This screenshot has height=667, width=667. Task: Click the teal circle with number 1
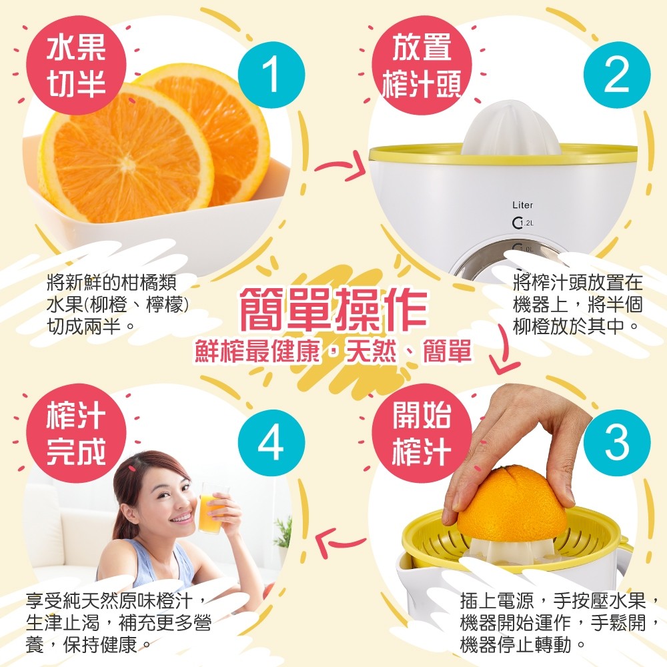click(x=271, y=75)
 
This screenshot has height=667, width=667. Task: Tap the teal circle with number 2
click(x=617, y=75)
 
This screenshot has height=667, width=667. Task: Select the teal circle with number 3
click(x=617, y=443)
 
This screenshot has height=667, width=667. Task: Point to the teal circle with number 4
click(x=271, y=443)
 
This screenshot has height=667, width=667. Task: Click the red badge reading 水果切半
click(x=77, y=65)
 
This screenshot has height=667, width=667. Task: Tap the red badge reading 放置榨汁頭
click(x=422, y=65)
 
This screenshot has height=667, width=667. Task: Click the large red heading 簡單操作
click(x=333, y=309)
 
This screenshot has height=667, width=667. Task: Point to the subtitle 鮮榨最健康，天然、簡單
click(x=333, y=351)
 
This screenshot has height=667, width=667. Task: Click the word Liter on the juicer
click(x=522, y=205)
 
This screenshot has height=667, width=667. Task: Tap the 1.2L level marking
click(x=523, y=223)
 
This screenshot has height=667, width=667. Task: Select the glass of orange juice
click(x=211, y=508)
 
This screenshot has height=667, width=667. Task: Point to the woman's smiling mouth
click(x=182, y=518)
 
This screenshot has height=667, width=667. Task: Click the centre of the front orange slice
click(x=126, y=160)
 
